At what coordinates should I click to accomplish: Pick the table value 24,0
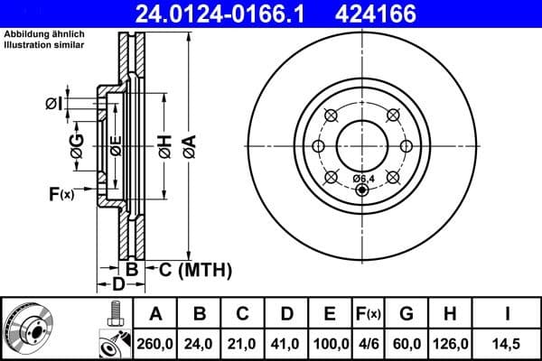[200, 343]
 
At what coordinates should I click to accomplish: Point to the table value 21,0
[243, 343]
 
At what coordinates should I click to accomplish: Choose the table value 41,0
[286, 343]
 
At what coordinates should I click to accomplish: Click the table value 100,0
[331, 343]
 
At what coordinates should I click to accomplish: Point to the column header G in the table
[406, 315]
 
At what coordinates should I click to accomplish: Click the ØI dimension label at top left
[53, 104]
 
